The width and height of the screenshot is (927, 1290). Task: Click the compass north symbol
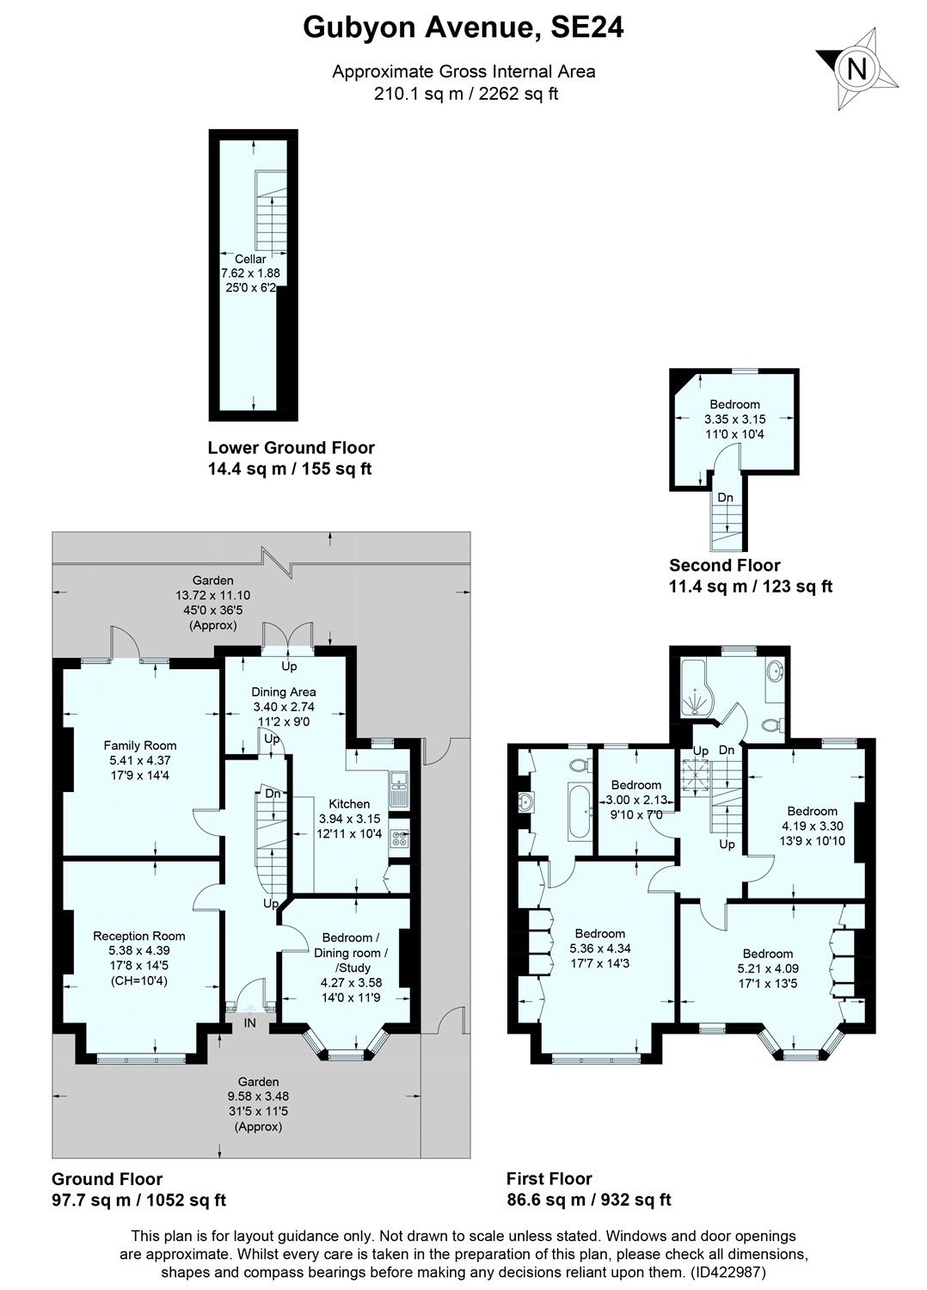(x=856, y=69)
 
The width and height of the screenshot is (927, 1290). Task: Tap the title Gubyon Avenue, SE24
(x=463, y=28)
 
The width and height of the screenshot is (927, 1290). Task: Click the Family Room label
(x=140, y=746)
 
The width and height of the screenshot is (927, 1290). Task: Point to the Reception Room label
(x=139, y=936)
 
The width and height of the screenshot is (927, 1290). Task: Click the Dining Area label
(x=283, y=691)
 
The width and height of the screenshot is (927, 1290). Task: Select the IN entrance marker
(x=250, y=1023)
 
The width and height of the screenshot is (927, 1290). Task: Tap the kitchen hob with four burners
(x=400, y=838)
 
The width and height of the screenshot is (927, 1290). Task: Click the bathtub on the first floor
(x=578, y=812)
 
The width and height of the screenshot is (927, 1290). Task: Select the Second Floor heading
(x=725, y=565)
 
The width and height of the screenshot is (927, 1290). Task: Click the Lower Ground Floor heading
(x=291, y=447)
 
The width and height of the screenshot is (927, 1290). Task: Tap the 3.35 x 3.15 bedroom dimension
(x=734, y=420)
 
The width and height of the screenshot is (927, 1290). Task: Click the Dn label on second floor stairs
(x=726, y=496)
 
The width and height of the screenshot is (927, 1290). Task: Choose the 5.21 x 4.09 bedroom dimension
(x=768, y=968)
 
